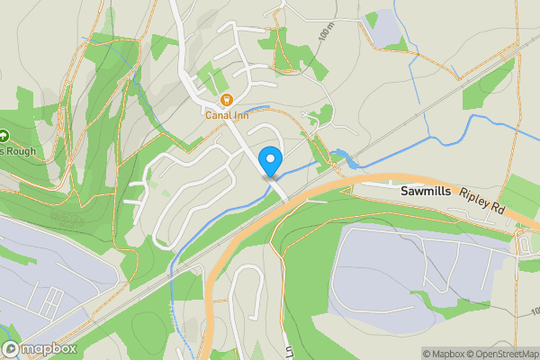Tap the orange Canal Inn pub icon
pos(227,99)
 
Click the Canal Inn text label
pos(227,113)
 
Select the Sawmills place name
pos(428,193)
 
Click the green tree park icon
pos(4,136)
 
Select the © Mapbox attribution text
pos(445,354)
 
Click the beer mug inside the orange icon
pos(227,99)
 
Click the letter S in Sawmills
pos(404,193)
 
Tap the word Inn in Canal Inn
pos(239,113)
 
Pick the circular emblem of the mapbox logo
pos(12,348)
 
